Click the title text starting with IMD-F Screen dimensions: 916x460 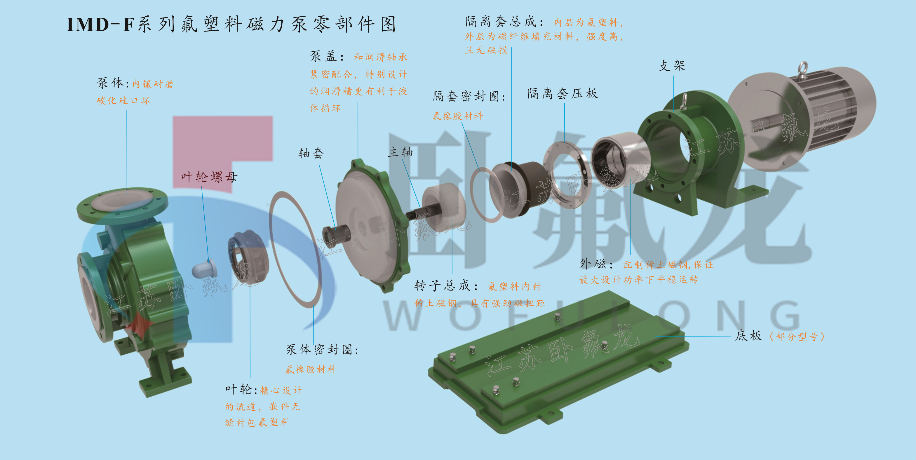coord(231,25)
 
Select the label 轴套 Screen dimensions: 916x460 coord(311,153)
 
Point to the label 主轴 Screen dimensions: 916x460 coord(400,152)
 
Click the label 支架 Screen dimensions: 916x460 coord(672,65)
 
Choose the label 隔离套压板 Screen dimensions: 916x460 coord(563,93)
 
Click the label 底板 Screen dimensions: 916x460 coord(748,335)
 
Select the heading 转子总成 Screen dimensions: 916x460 coord(447,285)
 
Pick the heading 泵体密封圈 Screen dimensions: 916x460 coord(322,349)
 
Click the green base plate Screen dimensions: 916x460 coord(558,361)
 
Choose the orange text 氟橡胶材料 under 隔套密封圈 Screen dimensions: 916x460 coord(458,116)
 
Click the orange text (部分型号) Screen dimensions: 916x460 coord(797,336)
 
